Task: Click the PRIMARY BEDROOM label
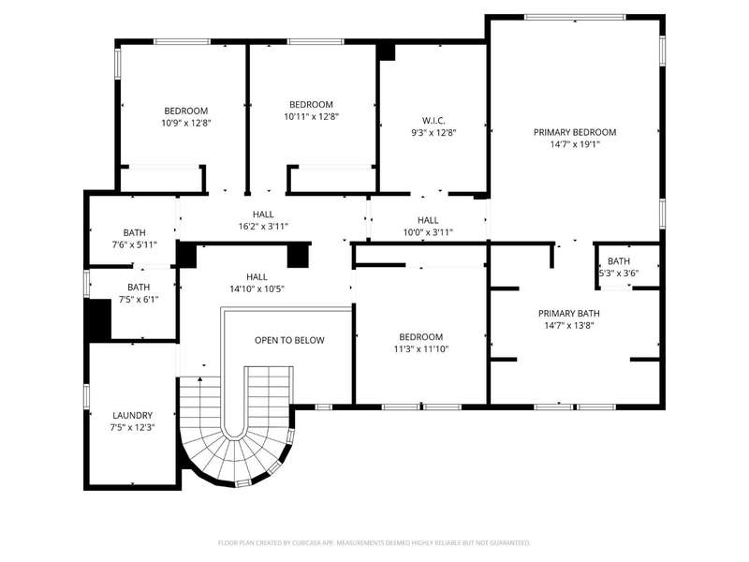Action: click(575, 132)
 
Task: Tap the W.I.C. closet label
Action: click(433, 121)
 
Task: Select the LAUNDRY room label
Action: click(132, 416)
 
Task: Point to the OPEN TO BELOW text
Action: click(289, 340)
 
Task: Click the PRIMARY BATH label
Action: click(569, 314)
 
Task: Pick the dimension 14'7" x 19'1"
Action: click(575, 144)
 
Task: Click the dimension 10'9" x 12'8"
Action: click(185, 123)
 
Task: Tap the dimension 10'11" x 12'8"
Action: click(311, 116)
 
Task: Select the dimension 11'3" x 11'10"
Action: click(420, 348)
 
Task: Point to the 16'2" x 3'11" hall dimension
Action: click(263, 226)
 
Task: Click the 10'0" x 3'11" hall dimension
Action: click(428, 232)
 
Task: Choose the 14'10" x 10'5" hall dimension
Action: click(257, 288)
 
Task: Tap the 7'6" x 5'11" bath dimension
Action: click(134, 244)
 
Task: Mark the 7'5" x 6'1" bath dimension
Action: click(139, 300)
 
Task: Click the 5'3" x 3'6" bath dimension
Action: click(619, 274)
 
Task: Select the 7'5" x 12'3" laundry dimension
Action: click(132, 428)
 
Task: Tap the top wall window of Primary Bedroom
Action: click(575, 17)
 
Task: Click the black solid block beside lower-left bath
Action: click(98, 319)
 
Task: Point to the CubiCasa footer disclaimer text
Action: click(374, 543)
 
